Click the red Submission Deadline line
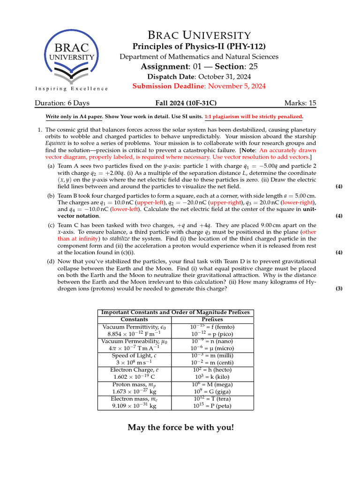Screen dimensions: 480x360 199,86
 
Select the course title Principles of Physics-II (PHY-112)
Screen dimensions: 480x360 199,46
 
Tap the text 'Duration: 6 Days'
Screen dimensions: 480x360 62,103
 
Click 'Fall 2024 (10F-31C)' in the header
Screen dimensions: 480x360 186,103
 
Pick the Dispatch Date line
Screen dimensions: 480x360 199,76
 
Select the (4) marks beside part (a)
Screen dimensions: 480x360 339,187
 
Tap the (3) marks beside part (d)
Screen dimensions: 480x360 339,289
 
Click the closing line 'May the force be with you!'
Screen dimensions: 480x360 180,427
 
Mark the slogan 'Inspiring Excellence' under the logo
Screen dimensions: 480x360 72,89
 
